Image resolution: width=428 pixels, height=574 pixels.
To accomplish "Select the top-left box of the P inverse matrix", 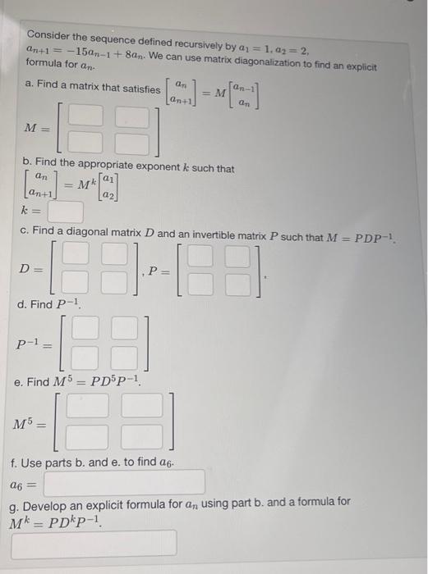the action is coord(85,330).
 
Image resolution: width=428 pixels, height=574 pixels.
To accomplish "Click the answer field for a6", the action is coord(124,481).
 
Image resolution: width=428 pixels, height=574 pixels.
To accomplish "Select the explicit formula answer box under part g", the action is coord(94,542).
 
